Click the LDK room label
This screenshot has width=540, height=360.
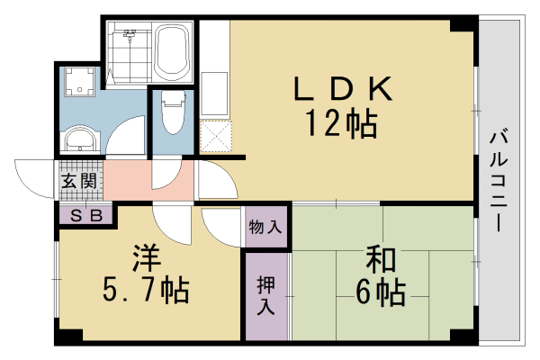[x=343, y=90]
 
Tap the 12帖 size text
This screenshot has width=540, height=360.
[x=343, y=124]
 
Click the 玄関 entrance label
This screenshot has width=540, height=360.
[x=78, y=180]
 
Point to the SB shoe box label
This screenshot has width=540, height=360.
[x=86, y=215]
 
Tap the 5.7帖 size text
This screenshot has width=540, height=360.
[x=146, y=291]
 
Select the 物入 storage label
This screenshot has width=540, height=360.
[x=266, y=227]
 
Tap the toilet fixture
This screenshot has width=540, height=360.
[x=171, y=112]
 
